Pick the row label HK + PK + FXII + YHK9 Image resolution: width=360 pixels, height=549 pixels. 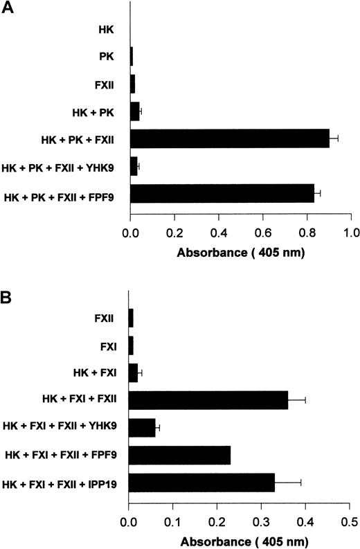63,168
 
